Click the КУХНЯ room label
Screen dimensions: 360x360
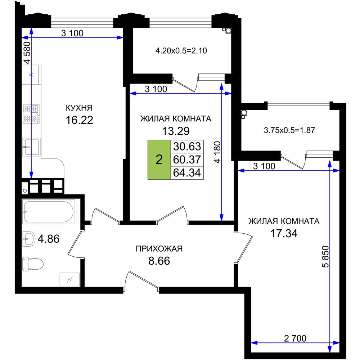point(79,108)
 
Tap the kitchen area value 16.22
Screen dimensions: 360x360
point(80,120)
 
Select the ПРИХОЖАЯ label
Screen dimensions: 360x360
point(159,249)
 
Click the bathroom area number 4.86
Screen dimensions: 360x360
point(49,239)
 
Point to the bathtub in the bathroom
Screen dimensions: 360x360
point(49,211)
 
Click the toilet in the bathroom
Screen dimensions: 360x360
point(33,264)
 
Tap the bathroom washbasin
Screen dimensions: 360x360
point(29,239)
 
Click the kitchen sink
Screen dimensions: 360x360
point(31,147)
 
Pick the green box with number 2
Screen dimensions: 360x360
point(159,159)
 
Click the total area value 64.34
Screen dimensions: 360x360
point(187,172)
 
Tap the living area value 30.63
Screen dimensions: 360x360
point(187,146)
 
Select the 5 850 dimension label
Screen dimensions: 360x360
point(325,257)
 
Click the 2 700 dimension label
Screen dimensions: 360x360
point(295,338)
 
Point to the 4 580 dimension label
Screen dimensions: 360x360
point(27,53)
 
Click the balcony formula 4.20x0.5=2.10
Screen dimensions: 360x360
point(181,50)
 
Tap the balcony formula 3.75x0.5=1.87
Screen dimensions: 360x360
point(289,130)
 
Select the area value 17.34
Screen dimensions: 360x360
point(284,233)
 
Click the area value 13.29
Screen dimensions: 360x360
point(176,131)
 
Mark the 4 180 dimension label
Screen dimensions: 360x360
point(217,152)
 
